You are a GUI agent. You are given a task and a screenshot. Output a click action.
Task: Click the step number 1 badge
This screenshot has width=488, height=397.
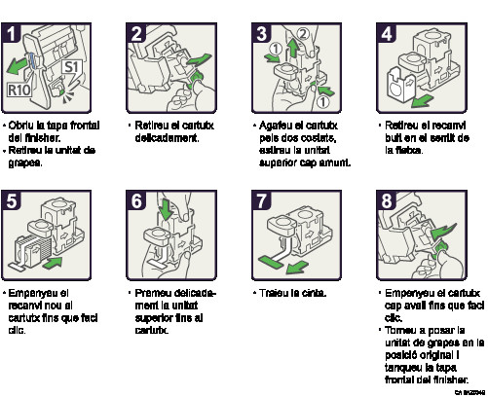(12, 34)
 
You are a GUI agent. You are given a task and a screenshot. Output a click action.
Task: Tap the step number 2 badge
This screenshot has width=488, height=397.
(136, 34)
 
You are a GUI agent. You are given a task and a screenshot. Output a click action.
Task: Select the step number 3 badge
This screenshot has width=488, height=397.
(261, 34)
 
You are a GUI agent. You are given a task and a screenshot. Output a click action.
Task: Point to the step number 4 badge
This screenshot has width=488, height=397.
(387, 34)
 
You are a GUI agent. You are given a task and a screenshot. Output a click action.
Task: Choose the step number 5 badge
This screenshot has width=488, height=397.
(12, 201)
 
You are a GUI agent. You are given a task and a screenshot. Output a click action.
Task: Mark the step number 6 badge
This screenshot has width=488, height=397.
(136, 201)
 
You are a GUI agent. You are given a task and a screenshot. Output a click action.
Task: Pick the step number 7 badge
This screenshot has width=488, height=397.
(261, 201)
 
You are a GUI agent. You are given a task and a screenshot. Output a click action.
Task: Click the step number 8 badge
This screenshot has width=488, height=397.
(387, 201)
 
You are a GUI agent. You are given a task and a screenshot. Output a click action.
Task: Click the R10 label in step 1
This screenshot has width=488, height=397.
(19, 90)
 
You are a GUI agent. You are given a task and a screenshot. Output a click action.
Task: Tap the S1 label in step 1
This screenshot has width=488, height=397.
(71, 67)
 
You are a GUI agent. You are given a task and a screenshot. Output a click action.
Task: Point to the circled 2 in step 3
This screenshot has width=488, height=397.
(302, 34)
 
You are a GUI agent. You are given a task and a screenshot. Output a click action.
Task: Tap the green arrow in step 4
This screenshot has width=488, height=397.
(422, 100)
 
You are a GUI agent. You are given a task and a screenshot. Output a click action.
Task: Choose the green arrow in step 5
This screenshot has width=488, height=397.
(53, 263)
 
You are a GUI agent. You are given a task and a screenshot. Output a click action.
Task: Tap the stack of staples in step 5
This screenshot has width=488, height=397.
(29, 244)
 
